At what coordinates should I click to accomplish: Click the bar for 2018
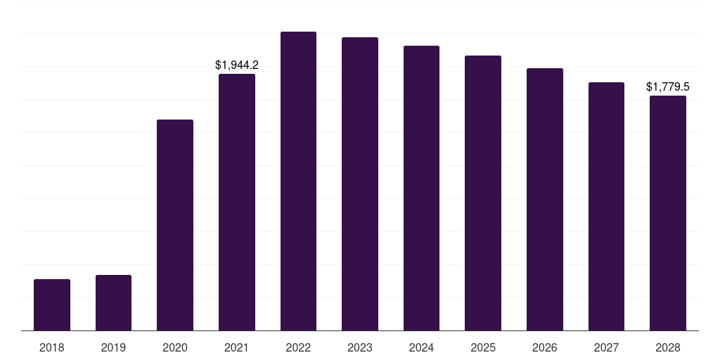[x=52, y=304]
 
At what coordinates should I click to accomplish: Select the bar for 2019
[x=113, y=302]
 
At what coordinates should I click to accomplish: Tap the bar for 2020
[x=175, y=225]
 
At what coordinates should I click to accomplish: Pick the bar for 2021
[x=237, y=202]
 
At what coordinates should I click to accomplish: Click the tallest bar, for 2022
[x=298, y=181]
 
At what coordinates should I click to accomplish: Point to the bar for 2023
[x=360, y=184]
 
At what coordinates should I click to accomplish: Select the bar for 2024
[x=421, y=188]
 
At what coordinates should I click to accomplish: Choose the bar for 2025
[x=483, y=193]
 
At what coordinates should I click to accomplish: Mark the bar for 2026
[x=545, y=199]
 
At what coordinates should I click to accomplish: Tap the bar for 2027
[x=606, y=206]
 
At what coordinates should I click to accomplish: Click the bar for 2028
[x=668, y=213]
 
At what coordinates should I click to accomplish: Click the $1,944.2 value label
[x=237, y=65]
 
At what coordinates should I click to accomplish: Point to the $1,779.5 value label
[x=668, y=87]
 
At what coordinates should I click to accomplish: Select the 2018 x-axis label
[x=52, y=347]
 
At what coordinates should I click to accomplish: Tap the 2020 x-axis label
[x=175, y=347]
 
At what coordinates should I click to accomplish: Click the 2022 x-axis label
[x=298, y=347]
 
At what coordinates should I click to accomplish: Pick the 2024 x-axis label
[x=421, y=347]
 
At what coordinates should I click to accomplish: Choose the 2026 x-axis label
[x=545, y=347]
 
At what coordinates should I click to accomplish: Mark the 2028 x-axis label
[x=668, y=347]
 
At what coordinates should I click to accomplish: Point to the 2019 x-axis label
[x=113, y=347]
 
